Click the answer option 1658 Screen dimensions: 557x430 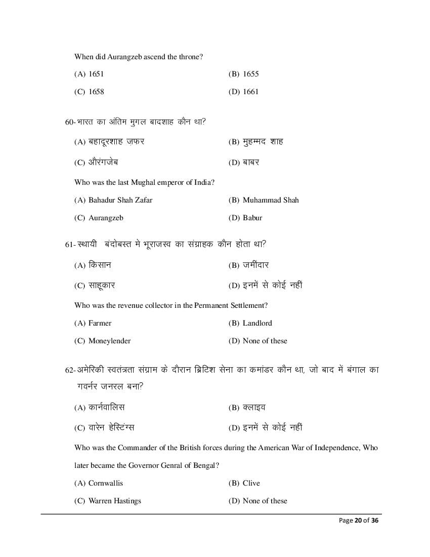[x=96, y=92]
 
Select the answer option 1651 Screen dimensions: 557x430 [x=96, y=74]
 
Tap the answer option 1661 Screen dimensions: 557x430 [x=250, y=92]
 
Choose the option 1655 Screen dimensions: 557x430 [x=250, y=74]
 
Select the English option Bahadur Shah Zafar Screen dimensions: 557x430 [x=120, y=200]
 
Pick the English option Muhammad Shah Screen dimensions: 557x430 [x=271, y=200]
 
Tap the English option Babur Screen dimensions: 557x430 [x=252, y=218]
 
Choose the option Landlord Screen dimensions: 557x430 [x=257, y=323]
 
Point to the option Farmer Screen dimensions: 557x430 [x=100, y=323]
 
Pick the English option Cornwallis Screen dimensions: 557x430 [x=105, y=483]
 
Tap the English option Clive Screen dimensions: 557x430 [x=251, y=483]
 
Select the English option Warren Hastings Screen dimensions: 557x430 [x=114, y=501]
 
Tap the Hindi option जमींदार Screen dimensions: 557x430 [x=255, y=265]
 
